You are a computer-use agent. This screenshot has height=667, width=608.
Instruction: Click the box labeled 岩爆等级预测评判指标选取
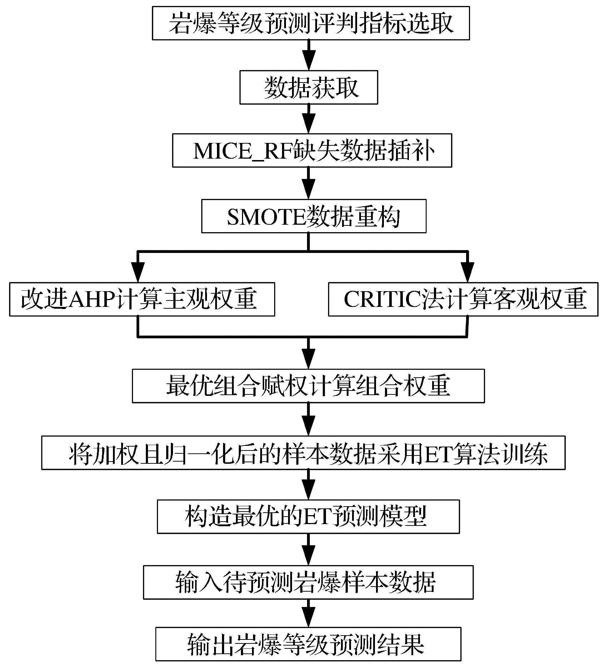pos(310,23)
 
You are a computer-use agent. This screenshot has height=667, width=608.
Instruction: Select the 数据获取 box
pos(308,87)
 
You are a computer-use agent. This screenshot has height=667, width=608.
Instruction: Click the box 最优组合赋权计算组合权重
pos(308,386)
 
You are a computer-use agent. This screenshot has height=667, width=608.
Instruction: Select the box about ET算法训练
pos(303,452)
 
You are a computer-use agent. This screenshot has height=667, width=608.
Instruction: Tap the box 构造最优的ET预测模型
pos(308,516)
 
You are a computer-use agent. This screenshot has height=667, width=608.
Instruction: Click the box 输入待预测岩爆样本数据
pos(308,582)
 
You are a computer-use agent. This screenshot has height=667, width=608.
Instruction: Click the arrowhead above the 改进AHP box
pos(138,274)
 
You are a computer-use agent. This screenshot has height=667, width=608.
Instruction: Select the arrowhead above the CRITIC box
pos(467,274)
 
